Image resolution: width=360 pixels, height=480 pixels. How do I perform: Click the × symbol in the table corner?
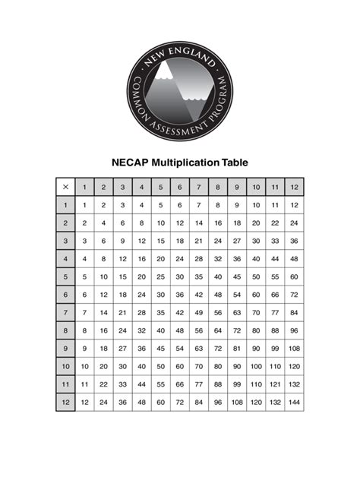tap(65, 187)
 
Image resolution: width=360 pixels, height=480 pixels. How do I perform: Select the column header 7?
tap(199, 187)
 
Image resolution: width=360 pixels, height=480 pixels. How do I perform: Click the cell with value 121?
tap(275, 384)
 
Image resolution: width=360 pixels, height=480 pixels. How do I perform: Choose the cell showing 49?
tap(199, 312)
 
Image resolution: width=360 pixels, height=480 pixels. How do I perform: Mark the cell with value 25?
tap(161, 276)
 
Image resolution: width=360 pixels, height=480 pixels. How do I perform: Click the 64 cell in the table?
tap(218, 330)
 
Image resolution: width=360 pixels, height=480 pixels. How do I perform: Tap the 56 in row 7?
tap(218, 312)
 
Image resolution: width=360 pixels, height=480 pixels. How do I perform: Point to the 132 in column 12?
tap(294, 384)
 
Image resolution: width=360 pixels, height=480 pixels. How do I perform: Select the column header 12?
tap(294, 187)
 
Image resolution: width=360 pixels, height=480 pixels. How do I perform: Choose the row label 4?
tap(65, 259)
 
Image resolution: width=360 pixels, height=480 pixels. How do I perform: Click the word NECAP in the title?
tap(130, 163)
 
